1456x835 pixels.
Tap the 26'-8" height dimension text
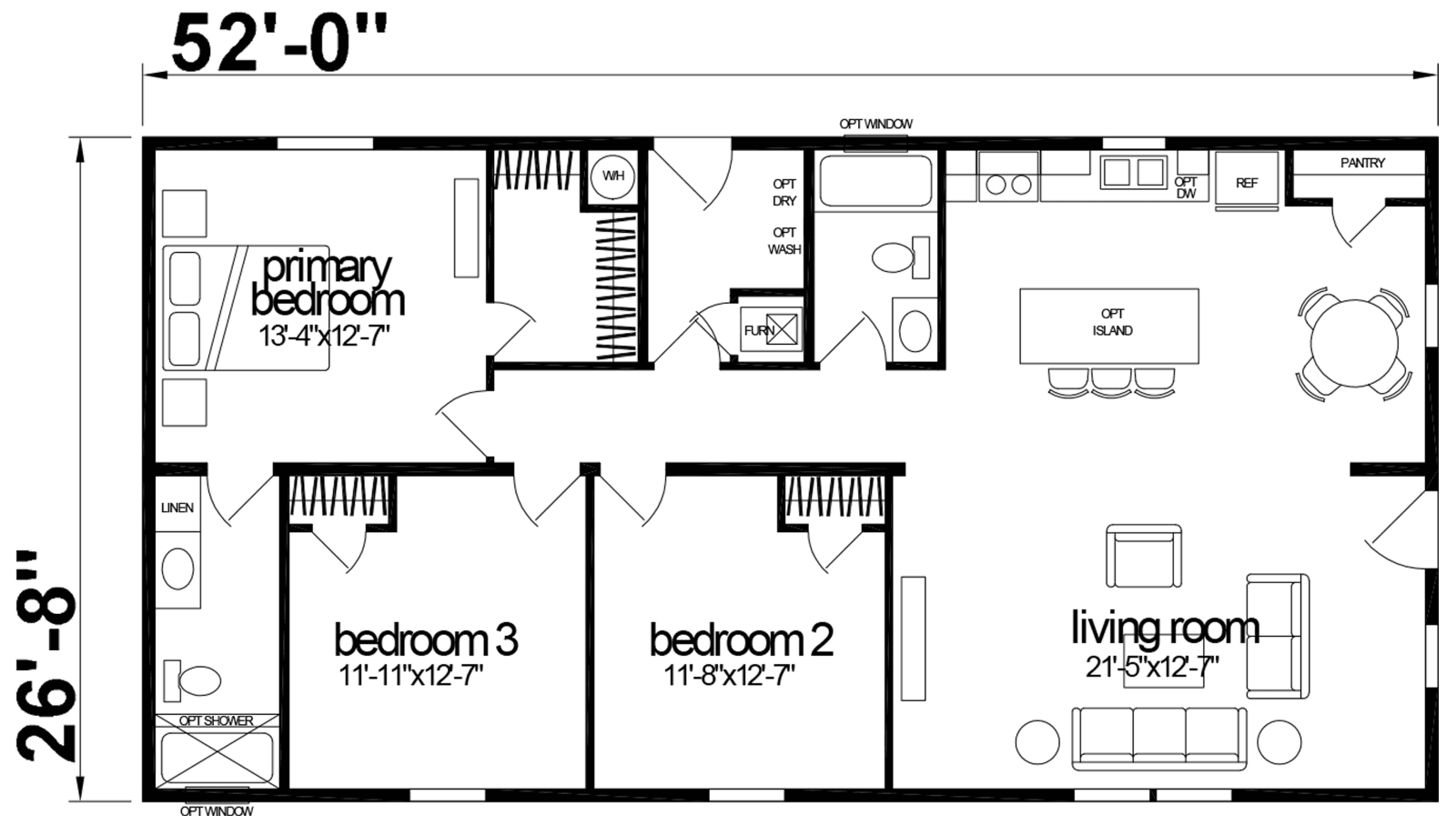click(x=45, y=655)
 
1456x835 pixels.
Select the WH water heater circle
click(x=613, y=176)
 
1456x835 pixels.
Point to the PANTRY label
click(x=1362, y=163)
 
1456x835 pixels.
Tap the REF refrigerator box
click(x=1247, y=182)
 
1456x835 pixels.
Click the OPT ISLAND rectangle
click(x=1109, y=325)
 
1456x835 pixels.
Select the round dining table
click(x=1353, y=344)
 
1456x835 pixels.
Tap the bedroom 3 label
click(x=425, y=639)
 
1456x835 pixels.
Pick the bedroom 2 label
click(x=741, y=639)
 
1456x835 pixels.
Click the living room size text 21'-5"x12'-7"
click(x=1152, y=667)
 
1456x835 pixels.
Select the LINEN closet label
click(x=177, y=507)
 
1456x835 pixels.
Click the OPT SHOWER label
click(x=216, y=720)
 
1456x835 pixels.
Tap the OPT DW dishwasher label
click(x=1186, y=187)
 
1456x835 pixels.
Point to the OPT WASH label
click(x=784, y=240)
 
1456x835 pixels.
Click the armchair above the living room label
click(x=1144, y=557)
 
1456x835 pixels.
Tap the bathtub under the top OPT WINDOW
click(x=875, y=181)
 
